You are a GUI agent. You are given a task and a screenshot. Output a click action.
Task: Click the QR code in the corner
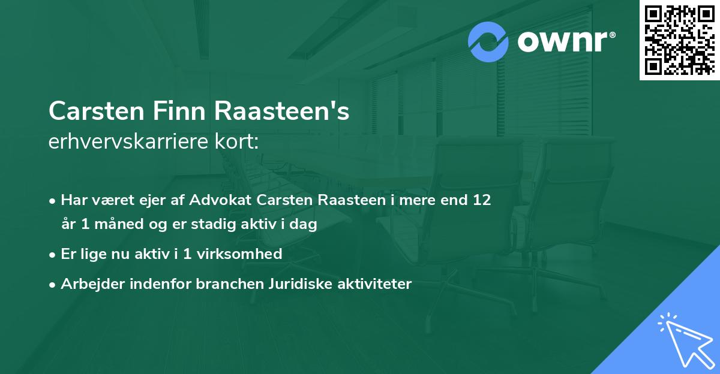pos(679,40)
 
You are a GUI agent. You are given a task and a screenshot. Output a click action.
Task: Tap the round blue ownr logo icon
pos(488,42)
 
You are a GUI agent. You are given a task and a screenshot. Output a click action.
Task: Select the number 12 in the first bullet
pos(482,200)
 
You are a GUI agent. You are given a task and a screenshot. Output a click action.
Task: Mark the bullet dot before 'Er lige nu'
pos(53,254)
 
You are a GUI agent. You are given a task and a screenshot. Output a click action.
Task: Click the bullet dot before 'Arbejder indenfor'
pos(53,285)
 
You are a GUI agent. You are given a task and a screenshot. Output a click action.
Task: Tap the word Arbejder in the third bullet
pos(89,284)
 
